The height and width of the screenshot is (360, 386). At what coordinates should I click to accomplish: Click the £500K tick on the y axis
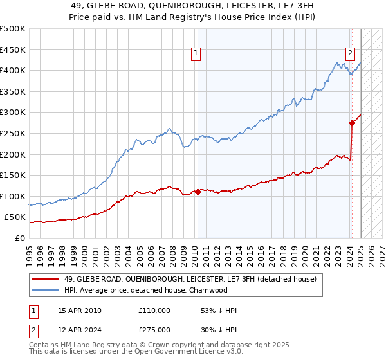coord(13,29)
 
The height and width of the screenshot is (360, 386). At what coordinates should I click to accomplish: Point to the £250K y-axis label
coord(13,133)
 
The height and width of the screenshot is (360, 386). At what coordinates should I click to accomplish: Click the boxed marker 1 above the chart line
coord(196,54)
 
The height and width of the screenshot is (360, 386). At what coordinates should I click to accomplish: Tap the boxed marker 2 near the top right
coord(350,54)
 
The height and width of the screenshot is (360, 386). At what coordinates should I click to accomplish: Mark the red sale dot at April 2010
coord(198,192)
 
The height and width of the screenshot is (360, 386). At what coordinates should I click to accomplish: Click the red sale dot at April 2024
coord(352,123)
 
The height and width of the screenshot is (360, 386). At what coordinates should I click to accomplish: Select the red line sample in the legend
coord(46,279)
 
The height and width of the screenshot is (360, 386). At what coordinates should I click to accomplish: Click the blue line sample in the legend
coord(46,290)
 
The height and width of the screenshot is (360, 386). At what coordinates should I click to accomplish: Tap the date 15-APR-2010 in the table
coord(80,310)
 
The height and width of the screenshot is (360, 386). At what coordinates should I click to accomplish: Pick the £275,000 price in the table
coord(154,329)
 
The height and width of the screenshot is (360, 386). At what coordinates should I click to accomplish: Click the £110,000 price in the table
coord(154,310)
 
